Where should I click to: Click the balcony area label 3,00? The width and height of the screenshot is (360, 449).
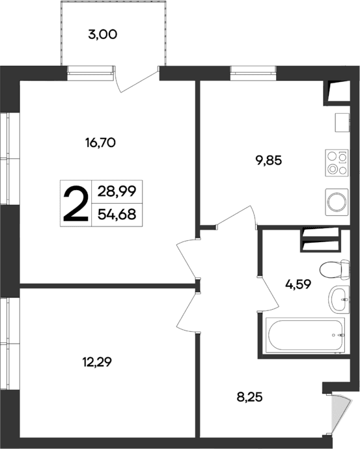coord(102,35)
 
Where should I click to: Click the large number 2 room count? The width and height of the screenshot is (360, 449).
coord(76,204)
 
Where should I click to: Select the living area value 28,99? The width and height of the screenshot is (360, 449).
coord(117,192)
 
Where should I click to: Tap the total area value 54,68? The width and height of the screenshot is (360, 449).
coord(117,214)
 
